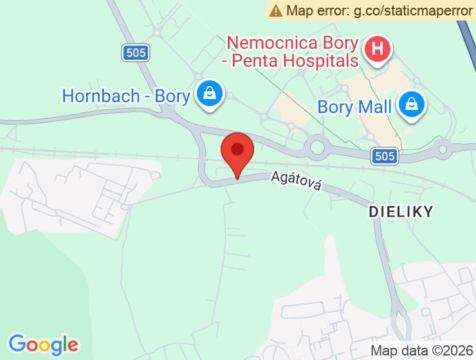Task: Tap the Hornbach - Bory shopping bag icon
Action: [210, 94]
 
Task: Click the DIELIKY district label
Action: [401, 210]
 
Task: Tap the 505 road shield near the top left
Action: [136, 53]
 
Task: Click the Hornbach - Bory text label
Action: [126, 96]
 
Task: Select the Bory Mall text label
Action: [354, 107]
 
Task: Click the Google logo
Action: [43, 344]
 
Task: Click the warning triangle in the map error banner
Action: [276, 10]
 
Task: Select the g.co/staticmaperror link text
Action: [412, 10]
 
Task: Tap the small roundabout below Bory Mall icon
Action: [442, 150]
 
